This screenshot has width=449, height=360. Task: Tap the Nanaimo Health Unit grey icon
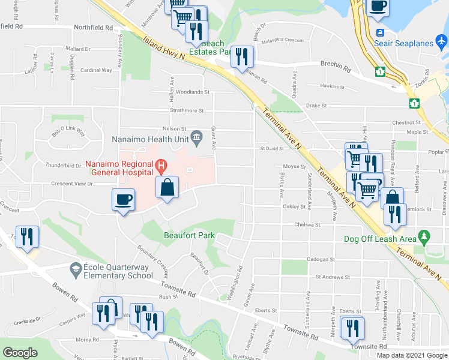[196, 140]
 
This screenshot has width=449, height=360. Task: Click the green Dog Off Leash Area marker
[425, 238]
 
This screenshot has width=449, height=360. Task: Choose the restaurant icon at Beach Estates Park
[243, 57]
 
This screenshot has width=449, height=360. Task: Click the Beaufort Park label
[189, 236]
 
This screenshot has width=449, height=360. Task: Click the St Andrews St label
[333, 277]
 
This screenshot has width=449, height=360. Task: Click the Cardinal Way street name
[97, 70]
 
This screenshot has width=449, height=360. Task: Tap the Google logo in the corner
[20, 353]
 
